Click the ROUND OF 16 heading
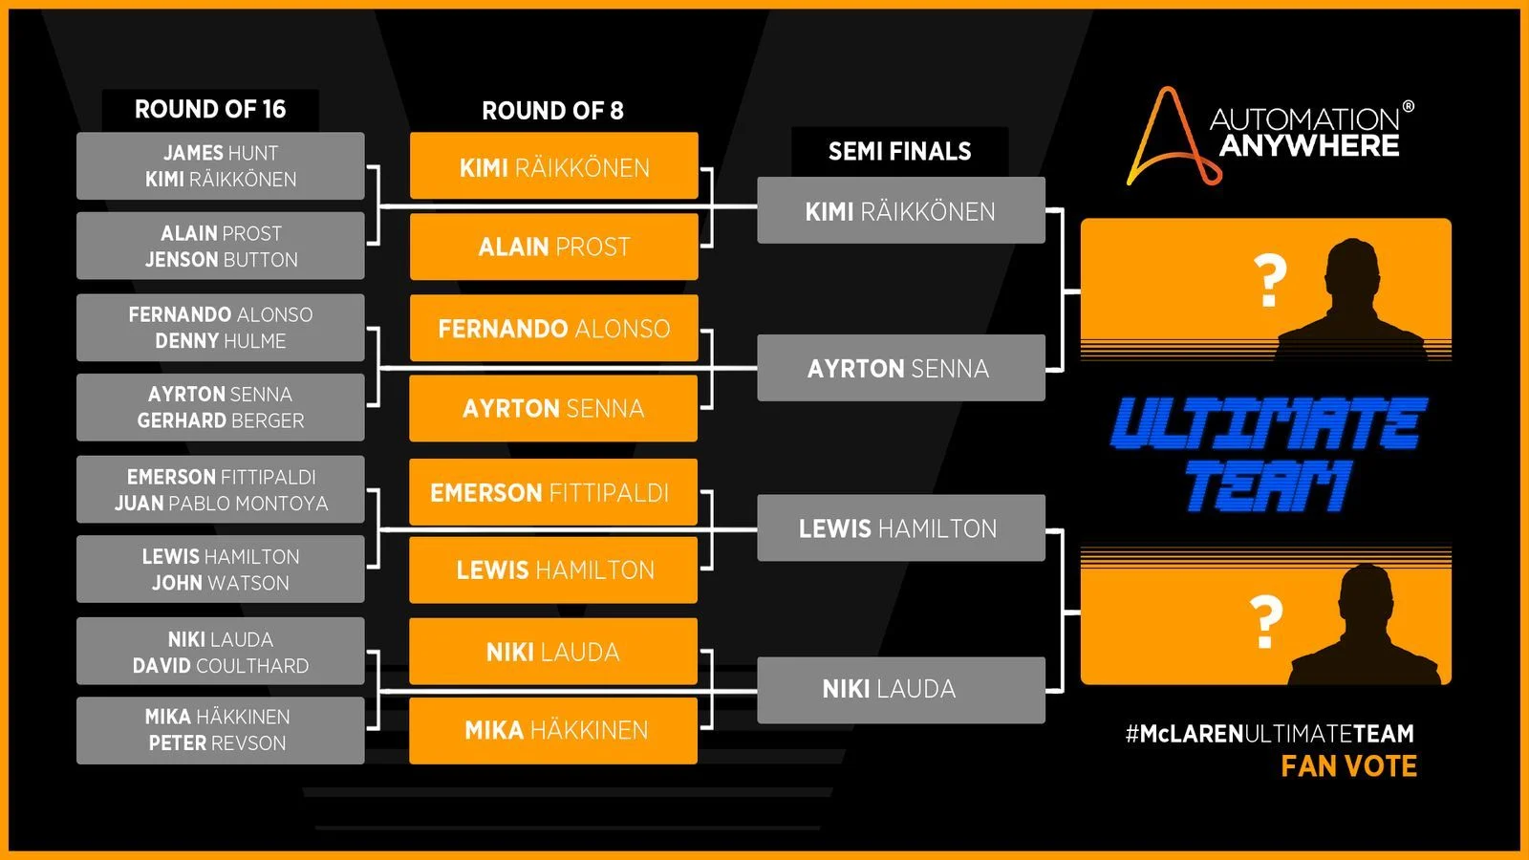[210, 110]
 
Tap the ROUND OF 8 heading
[552, 111]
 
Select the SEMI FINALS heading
[899, 151]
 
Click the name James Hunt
[221, 153]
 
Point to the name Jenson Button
[221, 260]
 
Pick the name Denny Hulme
[221, 341]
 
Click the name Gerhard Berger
[221, 420]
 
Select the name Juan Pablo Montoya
[221, 504]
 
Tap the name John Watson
[221, 583]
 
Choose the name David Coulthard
[221, 666]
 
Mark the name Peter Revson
[217, 743]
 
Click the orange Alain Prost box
[554, 247]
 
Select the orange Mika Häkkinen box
[554, 731]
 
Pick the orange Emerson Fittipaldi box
[552, 493]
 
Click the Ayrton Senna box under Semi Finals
[900, 368]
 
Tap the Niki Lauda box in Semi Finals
[900, 689]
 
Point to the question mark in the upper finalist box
[1269, 281]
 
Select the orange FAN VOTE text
[1348, 766]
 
